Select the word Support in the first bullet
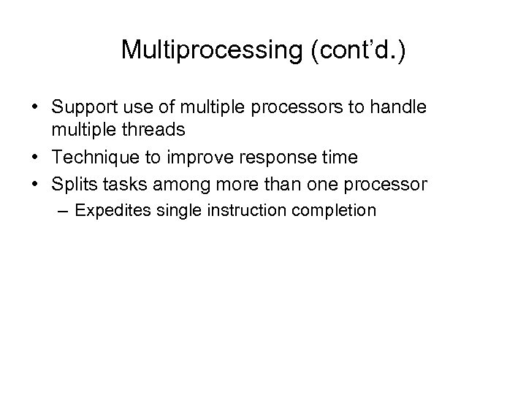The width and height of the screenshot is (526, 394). pos(83,107)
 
